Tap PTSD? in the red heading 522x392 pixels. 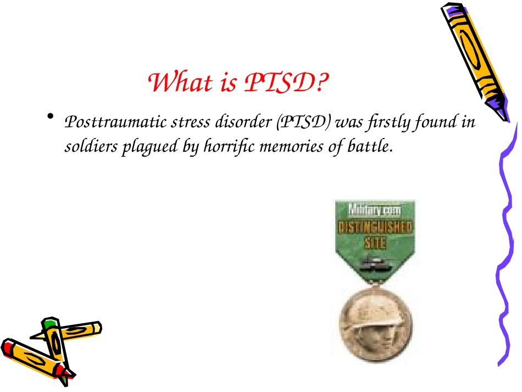[286, 83]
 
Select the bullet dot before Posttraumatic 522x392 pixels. [51, 117]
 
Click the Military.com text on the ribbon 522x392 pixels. [375, 209]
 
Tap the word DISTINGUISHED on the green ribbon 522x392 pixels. [375, 227]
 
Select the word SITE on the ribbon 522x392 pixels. [375, 242]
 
